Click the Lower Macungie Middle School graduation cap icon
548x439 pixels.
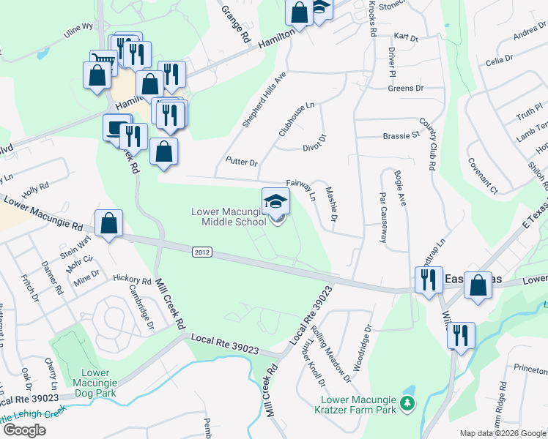pos(275,201)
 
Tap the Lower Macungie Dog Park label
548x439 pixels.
pos(96,383)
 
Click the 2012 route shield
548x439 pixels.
pos(203,252)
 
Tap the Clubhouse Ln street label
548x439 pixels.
pos(296,119)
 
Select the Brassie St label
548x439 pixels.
pos(401,135)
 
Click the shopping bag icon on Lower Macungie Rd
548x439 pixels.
pos(108,224)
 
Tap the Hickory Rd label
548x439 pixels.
pos(132,279)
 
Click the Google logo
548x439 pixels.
pos(24,430)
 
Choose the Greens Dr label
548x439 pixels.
pos(406,89)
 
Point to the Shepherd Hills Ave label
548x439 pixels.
pos(264,100)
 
